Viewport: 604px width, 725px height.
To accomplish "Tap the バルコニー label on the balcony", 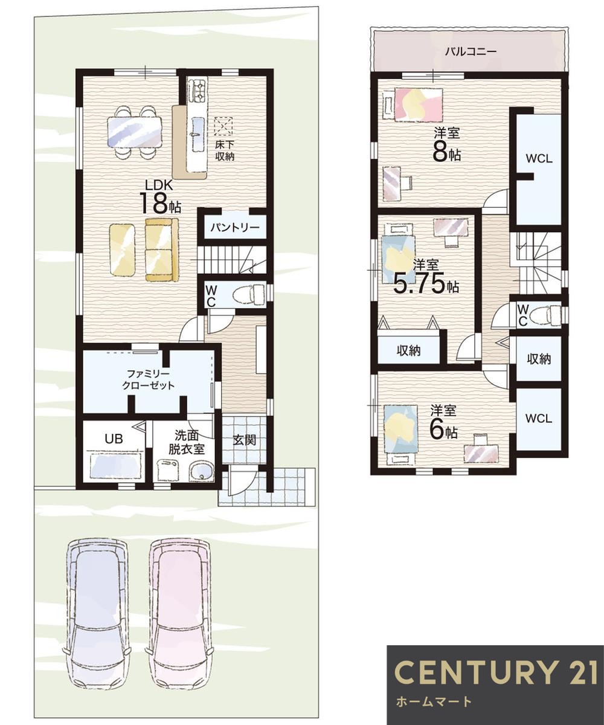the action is pos(471,52).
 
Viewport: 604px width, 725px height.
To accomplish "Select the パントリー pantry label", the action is pos(236,228).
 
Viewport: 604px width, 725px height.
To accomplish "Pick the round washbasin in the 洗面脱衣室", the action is pos(201,471).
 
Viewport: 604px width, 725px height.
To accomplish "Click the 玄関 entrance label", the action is pos(244,440).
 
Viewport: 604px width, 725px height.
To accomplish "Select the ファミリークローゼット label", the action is pos(148,379).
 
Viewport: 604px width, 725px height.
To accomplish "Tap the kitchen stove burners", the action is pos(198,90).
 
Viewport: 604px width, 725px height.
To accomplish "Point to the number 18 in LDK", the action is pos(154,203).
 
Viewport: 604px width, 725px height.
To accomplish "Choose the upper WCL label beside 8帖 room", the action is pos(539,159).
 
